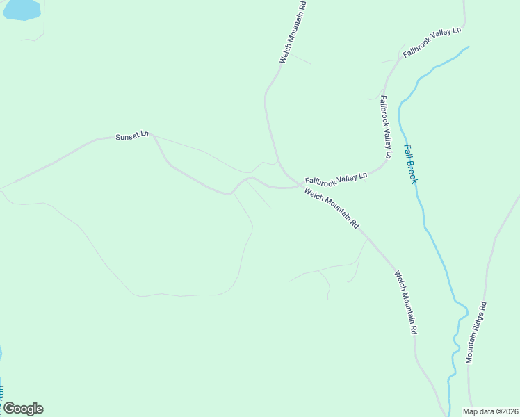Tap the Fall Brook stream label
click(x=411, y=164)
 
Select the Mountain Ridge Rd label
click(x=477, y=332)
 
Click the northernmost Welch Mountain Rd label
click(x=293, y=31)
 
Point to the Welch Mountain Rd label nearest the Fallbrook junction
click(x=332, y=208)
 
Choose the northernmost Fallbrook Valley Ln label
click(x=432, y=42)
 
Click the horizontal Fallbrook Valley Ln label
click(x=336, y=179)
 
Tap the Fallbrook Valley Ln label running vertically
click(x=386, y=127)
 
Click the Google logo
click(x=23, y=409)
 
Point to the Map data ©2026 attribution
click(x=491, y=411)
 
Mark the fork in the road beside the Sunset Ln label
click(x=153, y=136)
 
